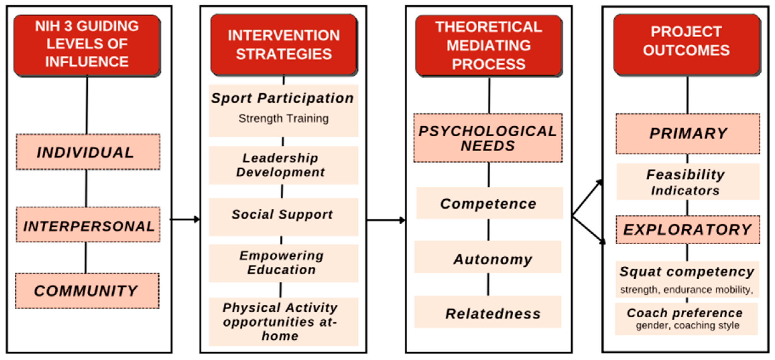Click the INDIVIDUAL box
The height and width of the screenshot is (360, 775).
point(88,152)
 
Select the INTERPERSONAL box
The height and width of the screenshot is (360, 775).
point(88,225)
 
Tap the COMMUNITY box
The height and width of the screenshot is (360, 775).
point(87,291)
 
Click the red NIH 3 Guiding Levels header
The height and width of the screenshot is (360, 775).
point(87,46)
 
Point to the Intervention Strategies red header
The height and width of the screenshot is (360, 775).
point(284,45)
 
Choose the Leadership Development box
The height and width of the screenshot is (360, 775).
point(283,165)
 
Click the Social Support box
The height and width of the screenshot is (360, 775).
point(283,217)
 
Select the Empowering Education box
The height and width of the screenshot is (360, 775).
point(283,263)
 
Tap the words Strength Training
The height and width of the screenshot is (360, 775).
point(283,119)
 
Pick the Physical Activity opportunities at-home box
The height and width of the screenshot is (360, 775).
point(283,322)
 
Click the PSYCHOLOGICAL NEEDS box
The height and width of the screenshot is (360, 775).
point(488,138)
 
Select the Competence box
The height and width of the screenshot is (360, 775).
point(489,203)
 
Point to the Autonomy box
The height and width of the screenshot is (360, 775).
point(488,257)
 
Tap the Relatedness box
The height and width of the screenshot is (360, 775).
point(488,312)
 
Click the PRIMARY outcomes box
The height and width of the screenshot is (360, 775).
point(688,134)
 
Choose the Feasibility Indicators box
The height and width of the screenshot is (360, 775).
point(688,182)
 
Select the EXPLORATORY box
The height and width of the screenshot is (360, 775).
point(688,230)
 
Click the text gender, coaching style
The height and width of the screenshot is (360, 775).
point(688,325)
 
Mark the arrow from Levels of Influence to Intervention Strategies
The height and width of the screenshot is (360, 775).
point(185,219)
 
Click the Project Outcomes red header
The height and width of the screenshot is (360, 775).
point(687,45)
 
